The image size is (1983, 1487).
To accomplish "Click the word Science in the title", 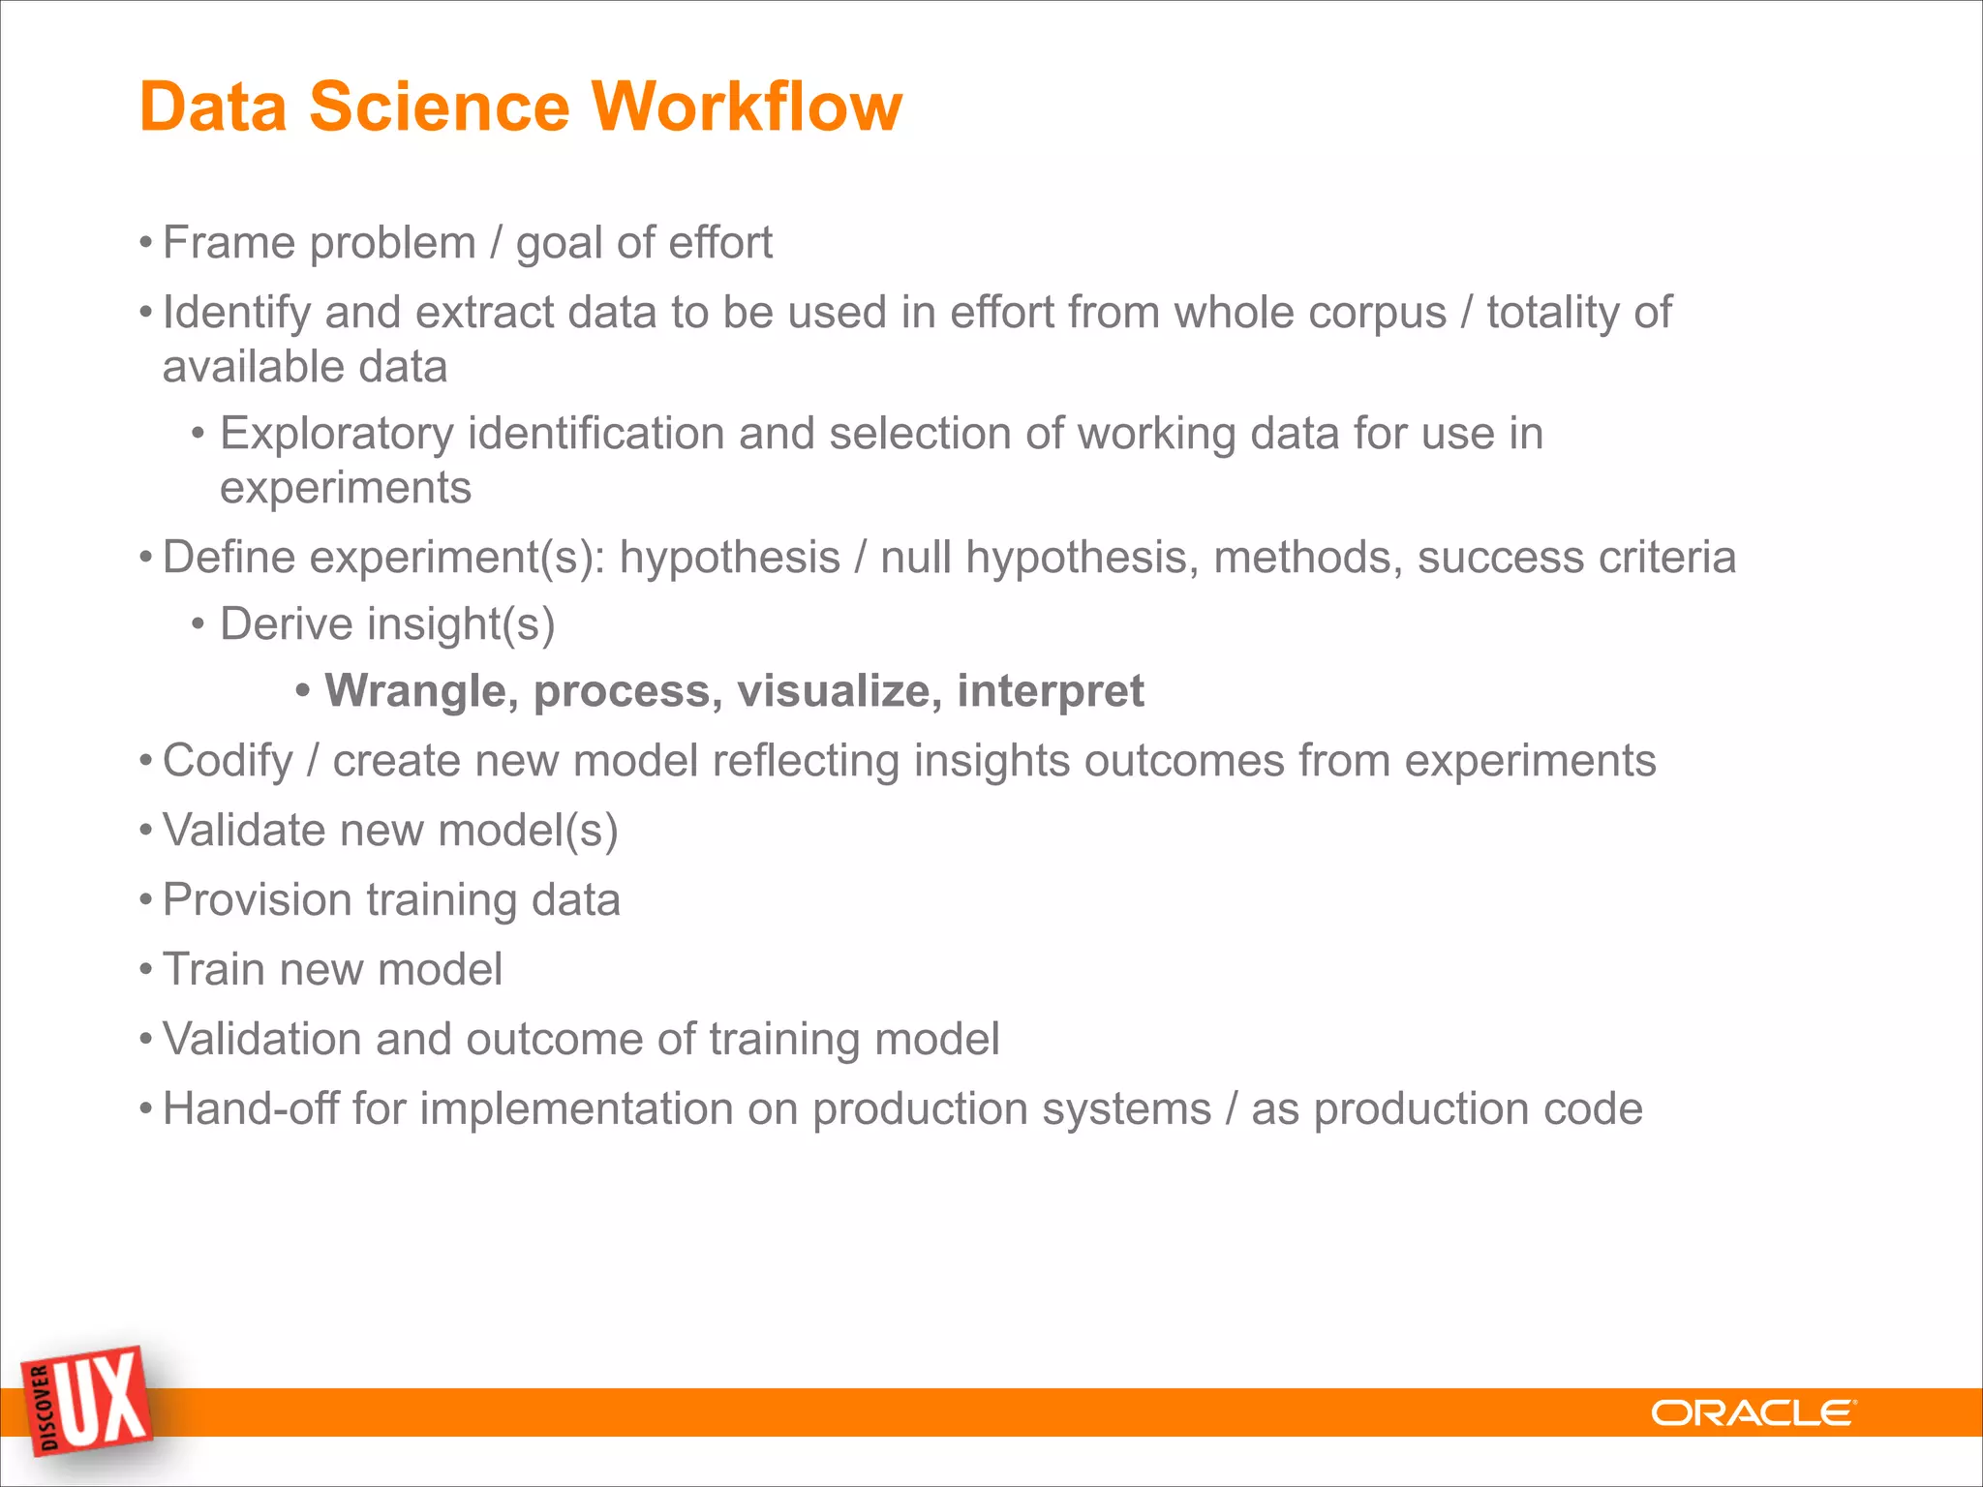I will [439, 106].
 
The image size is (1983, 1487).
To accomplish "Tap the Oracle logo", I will [1753, 1413].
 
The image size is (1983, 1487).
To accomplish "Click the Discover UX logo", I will [89, 1401].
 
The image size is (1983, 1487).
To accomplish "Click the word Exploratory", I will [336, 434].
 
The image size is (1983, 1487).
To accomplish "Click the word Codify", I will [228, 761].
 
